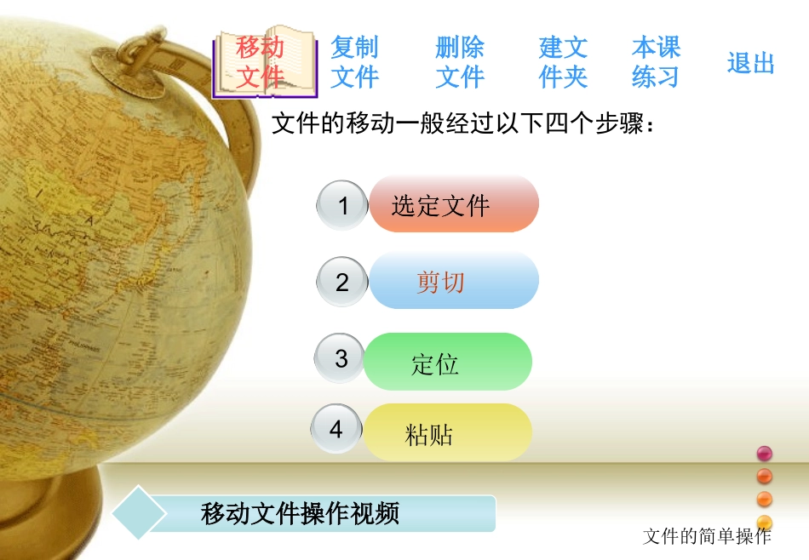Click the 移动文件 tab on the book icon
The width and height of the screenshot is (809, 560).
pyautogui.click(x=261, y=62)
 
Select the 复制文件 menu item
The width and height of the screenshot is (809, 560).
pyautogui.click(x=354, y=62)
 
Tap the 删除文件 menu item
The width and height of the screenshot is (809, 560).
pyautogui.click(x=460, y=62)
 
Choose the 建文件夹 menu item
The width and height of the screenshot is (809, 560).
pyautogui.click(x=564, y=62)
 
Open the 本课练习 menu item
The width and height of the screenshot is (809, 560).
pyautogui.click(x=656, y=62)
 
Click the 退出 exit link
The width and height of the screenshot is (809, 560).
pyautogui.click(x=750, y=63)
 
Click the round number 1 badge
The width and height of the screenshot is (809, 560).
pyautogui.click(x=342, y=205)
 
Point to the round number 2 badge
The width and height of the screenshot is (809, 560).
pyautogui.click(x=342, y=283)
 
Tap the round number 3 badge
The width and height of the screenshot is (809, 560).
pyautogui.click(x=341, y=358)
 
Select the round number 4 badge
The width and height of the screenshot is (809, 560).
pyautogui.click(x=336, y=429)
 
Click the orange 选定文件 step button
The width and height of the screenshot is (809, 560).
pyautogui.click(x=453, y=204)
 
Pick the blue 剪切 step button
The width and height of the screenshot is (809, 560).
pyautogui.click(x=453, y=281)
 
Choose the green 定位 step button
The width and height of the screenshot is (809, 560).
pyautogui.click(x=447, y=363)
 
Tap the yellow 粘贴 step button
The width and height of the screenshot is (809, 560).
pyautogui.click(x=447, y=433)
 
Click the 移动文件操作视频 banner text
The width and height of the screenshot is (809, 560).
pyautogui.click(x=301, y=514)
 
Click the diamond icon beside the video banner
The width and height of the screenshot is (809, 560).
pyautogui.click(x=139, y=512)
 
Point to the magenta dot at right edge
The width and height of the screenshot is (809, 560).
pyautogui.click(x=764, y=453)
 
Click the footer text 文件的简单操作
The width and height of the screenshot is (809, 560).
pyautogui.click(x=707, y=536)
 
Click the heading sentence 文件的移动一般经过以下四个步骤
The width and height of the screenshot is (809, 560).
pyautogui.click(x=463, y=124)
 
